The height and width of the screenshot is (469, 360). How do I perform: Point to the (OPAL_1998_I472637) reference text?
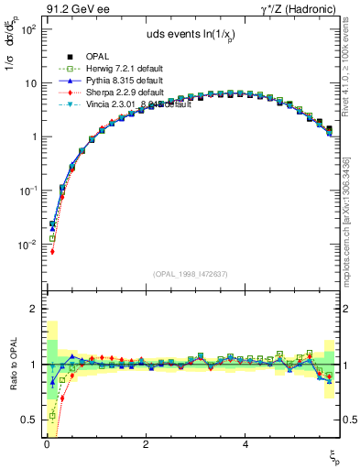pos(192,273)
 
